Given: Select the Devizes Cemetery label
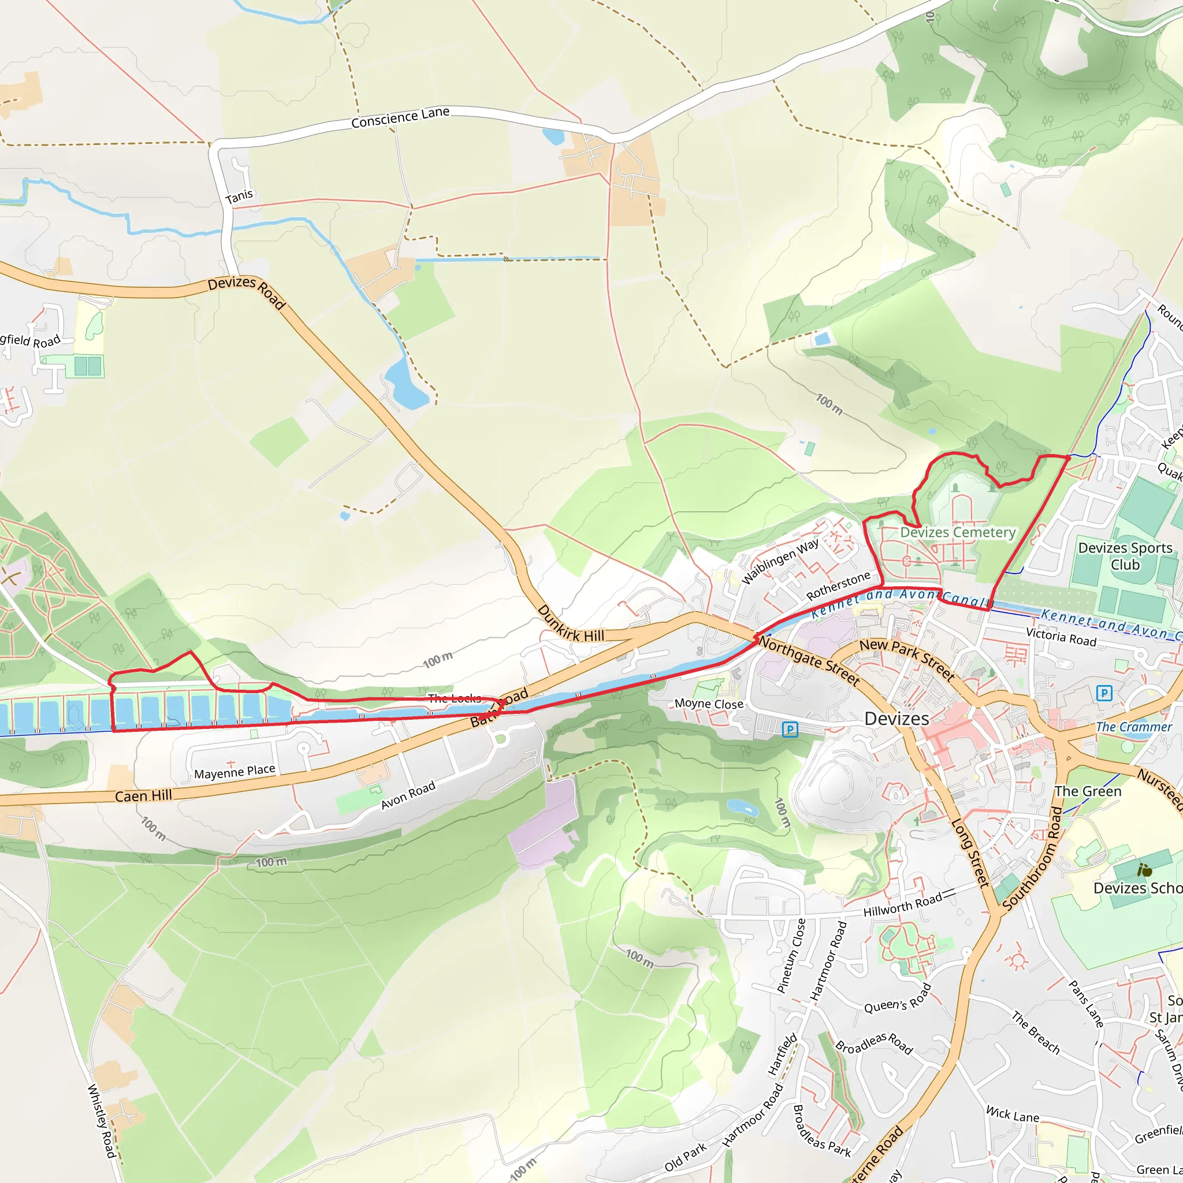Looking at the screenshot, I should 958,532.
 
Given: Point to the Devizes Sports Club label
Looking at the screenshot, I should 1125,556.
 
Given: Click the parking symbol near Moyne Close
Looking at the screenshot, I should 790,730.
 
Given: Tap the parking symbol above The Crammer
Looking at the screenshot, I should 1103,693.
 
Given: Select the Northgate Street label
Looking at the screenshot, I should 809,661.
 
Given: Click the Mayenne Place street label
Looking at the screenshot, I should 235,772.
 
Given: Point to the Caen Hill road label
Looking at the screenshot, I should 143,795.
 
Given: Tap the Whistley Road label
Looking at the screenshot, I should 101,1120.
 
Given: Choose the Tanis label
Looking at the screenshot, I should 239,196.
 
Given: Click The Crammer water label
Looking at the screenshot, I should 1133,727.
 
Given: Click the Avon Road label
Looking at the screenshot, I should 408,795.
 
